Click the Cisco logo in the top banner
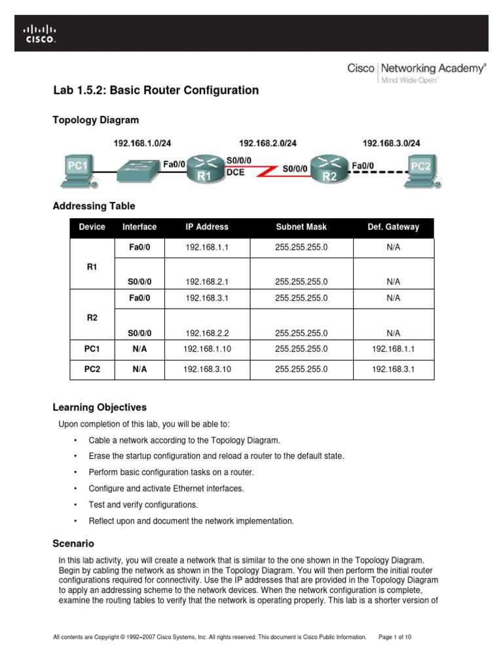pyautogui.click(x=40, y=33)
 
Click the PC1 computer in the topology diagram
pyautogui.click(x=77, y=169)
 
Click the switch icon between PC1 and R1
pyautogui.click(x=138, y=170)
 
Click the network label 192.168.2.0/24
pyautogui.click(x=267, y=143)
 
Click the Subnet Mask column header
pyautogui.click(x=301, y=227)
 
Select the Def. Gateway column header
pyautogui.click(x=393, y=227)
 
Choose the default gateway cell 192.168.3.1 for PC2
pyautogui.click(x=393, y=370)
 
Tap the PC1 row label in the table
pyautogui.click(x=92, y=350)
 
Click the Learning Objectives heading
pyautogui.click(x=100, y=407)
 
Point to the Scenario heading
pyautogui.click(x=73, y=543)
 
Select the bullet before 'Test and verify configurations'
pyautogui.click(x=77, y=505)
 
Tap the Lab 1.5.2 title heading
pyautogui.click(x=156, y=90)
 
